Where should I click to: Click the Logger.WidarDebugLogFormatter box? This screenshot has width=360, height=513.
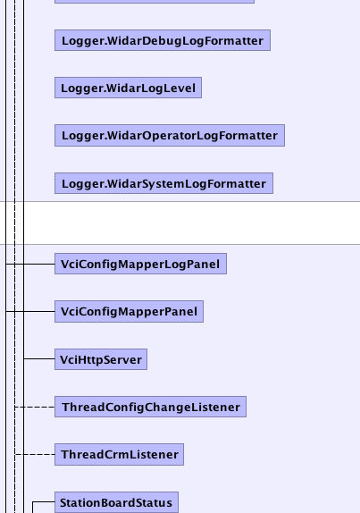(x=163, y=40)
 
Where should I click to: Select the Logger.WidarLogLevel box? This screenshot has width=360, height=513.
(x=128, y=88)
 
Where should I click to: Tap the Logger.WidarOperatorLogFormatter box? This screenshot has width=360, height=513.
(x=170, y=136)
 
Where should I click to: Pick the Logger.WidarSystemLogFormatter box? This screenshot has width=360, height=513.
(x=163, y=183)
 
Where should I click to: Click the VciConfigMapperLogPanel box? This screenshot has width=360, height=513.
(x=140, y=264)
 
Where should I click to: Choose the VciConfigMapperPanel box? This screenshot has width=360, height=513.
(x=129, y=311)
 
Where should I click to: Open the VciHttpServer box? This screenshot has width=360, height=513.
(x=101, y=359)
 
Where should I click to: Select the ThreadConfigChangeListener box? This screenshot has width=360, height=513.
(x=150, y=407)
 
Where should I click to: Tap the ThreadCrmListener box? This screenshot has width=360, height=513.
(x=119, y=454)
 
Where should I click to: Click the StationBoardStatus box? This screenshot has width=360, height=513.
(x=116, y=502)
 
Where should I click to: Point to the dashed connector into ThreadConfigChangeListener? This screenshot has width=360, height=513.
(x=35, y=407)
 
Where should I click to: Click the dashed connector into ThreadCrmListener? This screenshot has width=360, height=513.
(x=35, y=454)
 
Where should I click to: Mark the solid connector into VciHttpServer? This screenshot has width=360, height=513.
(x=39, y=359)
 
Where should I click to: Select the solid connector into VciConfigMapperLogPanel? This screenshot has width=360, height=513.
(x=30, y=264)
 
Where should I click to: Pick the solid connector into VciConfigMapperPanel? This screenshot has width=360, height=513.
(x=30, y=311)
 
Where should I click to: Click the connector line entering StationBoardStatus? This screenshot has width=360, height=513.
(x=43, y=501)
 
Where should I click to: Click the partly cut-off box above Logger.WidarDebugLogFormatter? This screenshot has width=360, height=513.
(x=155, y=2)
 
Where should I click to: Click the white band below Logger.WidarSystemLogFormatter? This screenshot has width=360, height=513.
(x=180, y=223)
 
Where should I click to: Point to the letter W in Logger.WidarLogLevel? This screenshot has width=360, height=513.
(x=113, y=88)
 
